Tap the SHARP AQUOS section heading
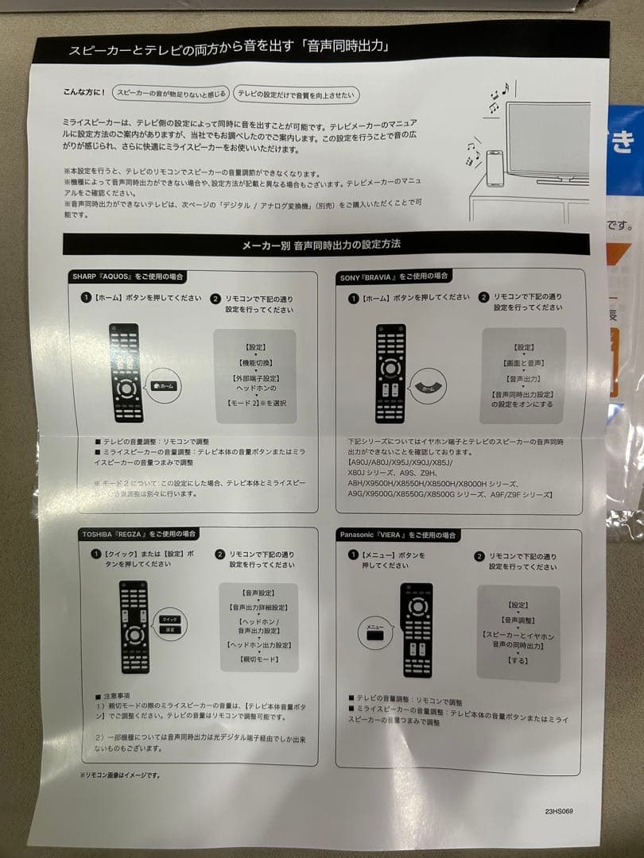coord(127,276)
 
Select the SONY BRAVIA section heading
coord(394,276)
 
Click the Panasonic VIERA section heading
coord(398,535)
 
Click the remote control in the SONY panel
coord(390,373)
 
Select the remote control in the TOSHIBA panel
coord(134,628)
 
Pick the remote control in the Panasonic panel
coord(417,630)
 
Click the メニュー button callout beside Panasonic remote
coord(375,628)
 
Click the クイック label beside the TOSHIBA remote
coord(170,618)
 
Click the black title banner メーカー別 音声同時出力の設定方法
coord(326,245)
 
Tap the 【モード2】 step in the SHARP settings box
coord(255,403)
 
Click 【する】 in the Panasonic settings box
coord(518,660)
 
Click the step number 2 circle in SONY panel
coord(483,298)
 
